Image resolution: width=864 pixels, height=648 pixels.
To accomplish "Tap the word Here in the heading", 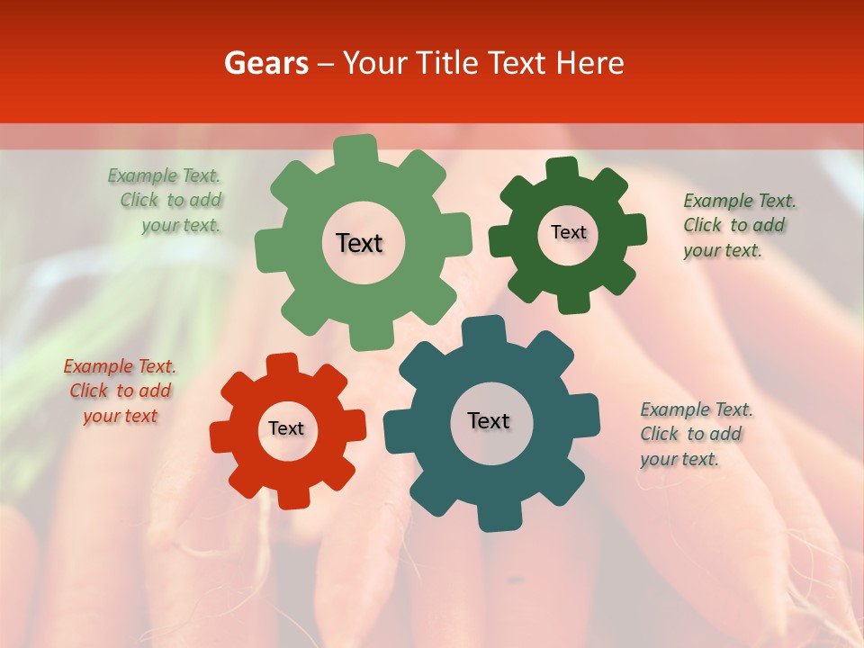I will pyautogui.click(x=589, y=63).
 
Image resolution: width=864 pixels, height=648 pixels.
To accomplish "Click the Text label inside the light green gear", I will pyautogui.click(x=359, y=243).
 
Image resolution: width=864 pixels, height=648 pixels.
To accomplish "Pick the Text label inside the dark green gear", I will pyautogui.click(x=568, y=232).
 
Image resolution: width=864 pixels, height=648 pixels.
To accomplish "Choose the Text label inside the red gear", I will pyautogui.click(x=286, y=428).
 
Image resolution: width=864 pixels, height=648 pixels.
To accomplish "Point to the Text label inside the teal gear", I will pyautogui.click(x=489, y=420).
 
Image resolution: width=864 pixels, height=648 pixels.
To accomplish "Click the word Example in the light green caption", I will pyautogui.click(x=143, y=175).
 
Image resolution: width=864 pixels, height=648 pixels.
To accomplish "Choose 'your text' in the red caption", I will pyautogui.click(x=121, y=416).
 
